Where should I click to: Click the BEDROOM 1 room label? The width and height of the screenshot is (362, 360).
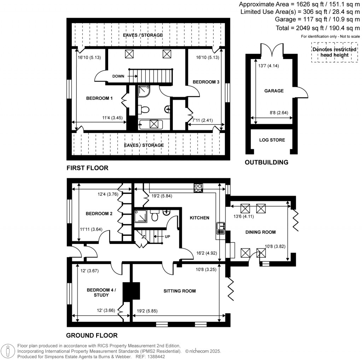point(99,98)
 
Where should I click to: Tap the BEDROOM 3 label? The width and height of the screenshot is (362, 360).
point(206,82)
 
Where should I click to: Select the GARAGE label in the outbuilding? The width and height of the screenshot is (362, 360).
point(274,91)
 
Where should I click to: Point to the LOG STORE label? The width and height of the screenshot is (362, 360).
point(272,140)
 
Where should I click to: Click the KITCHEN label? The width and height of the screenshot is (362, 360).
point(199,218)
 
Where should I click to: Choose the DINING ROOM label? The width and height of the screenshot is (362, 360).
point(261,232)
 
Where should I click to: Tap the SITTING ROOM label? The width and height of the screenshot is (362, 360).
point(180,291)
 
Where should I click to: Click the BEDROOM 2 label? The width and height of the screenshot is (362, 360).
point(99,214)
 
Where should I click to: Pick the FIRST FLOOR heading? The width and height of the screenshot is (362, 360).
point(87,168)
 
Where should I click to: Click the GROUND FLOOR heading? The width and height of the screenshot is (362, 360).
point(92,335)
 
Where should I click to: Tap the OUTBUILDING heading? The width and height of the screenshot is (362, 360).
point(267,163)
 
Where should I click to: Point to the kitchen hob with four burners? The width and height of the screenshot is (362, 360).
point(198,188)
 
